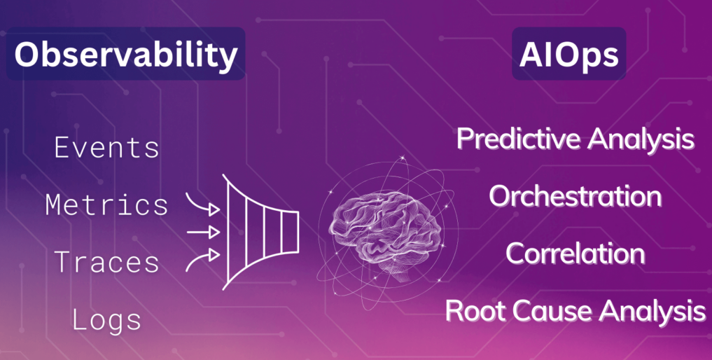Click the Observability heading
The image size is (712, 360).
tap(125, 54)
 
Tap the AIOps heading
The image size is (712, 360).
tap(568, 54)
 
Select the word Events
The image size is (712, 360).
tap(107, 148)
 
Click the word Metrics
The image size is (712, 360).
tap(107, 205)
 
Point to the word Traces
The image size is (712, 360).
tap(107, 263)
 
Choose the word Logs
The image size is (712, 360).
tap(107, 320)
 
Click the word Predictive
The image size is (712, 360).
tap(519, 139)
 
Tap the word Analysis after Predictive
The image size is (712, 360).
tap(641, 139)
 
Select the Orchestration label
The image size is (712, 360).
tap(575, 196)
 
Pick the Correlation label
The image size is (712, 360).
tap(575, 253)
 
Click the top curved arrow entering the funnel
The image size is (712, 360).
tap(203, 204)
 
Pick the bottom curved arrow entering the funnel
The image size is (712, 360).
tap(203, 258)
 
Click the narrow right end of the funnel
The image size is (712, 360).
tap(295, 230)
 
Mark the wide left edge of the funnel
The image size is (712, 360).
tap(225, 230)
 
